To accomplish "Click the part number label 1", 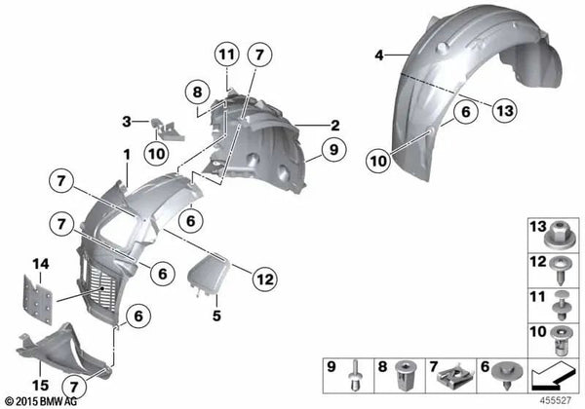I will [x=126, y=153].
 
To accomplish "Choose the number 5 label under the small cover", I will [x=216, y=316].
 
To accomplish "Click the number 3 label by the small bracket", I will [x=127, y=122].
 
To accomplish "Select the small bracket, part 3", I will [x=164, y=129].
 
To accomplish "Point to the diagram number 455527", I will [x=557, y=400].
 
